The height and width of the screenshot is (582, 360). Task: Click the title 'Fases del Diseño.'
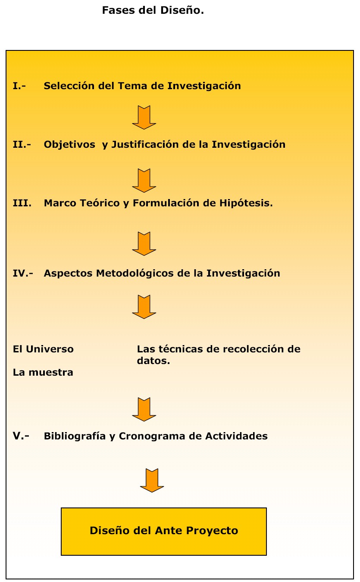click(x=153, y=10)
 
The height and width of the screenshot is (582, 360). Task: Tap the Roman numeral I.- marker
click(x=19, y=86)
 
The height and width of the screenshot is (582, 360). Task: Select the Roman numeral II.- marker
click(x=22, y=144)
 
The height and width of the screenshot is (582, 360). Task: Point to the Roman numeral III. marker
click(x=22, y=203)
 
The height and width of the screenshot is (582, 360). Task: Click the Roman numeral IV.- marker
click(x=23, y=273)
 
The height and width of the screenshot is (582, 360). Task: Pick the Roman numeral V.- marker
click(x=21, y=436)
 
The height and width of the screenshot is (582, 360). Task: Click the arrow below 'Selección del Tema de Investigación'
click(x=144, y=118)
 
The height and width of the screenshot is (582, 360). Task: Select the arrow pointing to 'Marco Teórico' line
click(x=144, y=181)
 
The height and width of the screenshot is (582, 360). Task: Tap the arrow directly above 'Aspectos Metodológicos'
click(x=144, y=244)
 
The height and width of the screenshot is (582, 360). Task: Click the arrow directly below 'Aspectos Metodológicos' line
click(x=144, y=307)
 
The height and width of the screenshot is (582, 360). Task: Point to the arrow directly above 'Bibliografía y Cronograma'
click(x=144, y=409)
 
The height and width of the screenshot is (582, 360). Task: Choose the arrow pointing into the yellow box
click(x=152, y=480)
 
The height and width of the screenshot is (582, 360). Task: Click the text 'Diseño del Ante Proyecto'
click(x=164, y=530)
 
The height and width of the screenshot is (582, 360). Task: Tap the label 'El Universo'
click(x=43, y=349)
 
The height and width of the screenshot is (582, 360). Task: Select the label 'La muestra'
click(x=43, y=372)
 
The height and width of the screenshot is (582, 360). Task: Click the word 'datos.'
click(x=153, y=361)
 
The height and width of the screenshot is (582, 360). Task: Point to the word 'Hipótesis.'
click(x=246, y=203)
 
